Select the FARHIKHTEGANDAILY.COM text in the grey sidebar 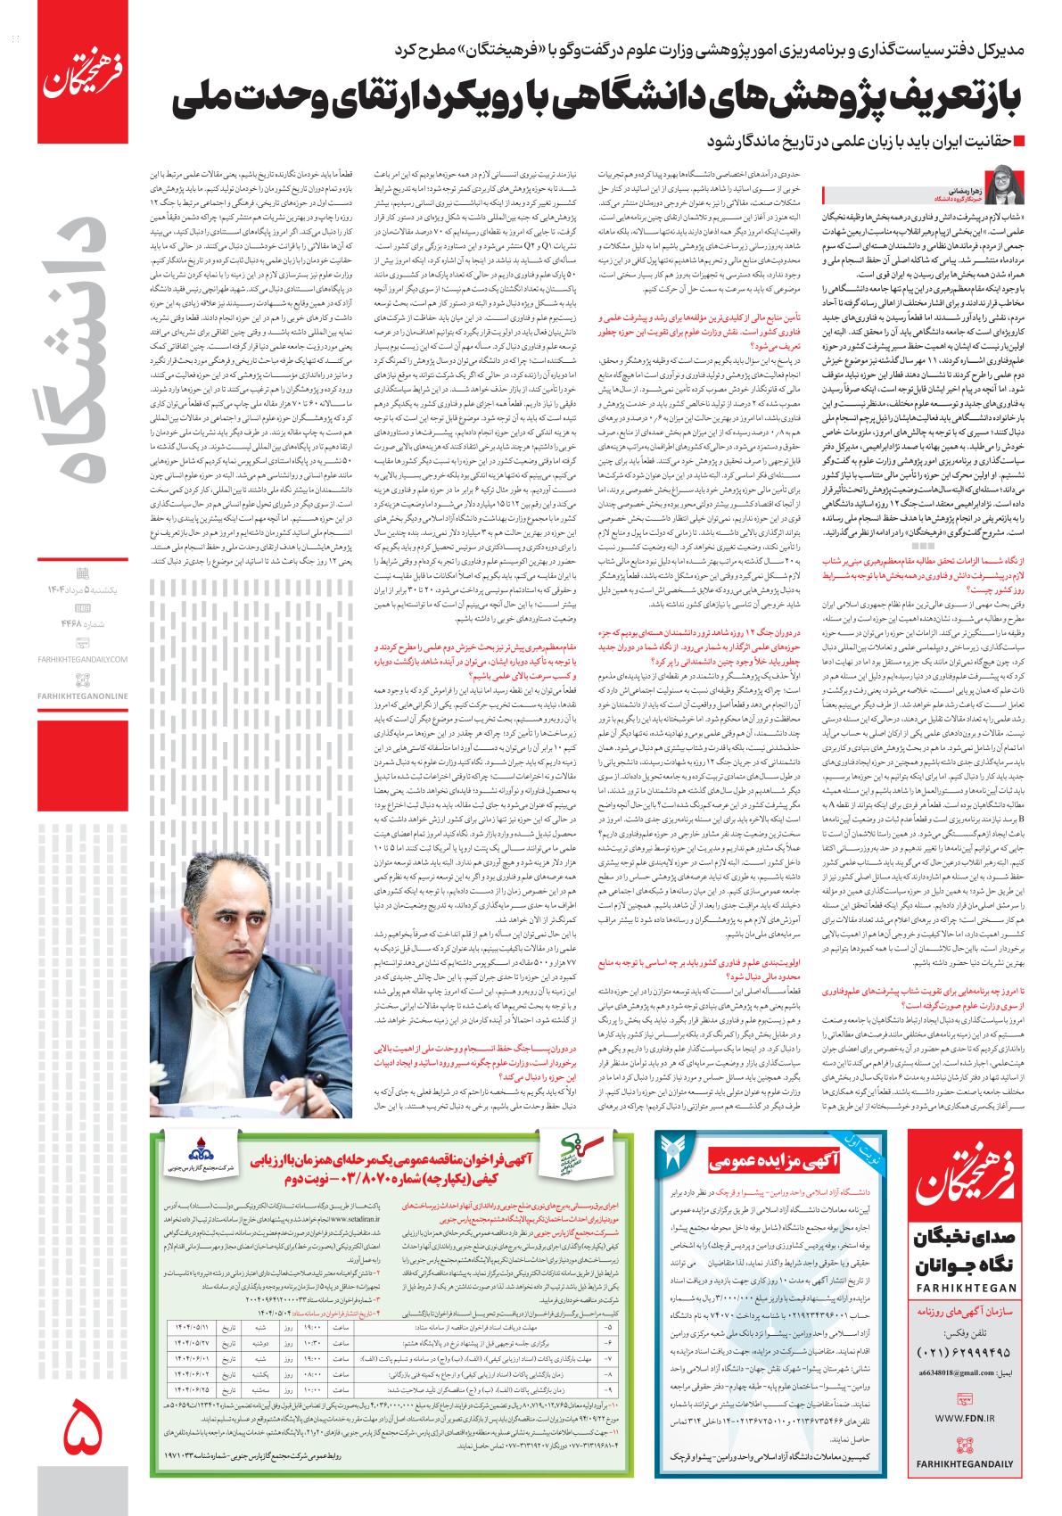point(83,659)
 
